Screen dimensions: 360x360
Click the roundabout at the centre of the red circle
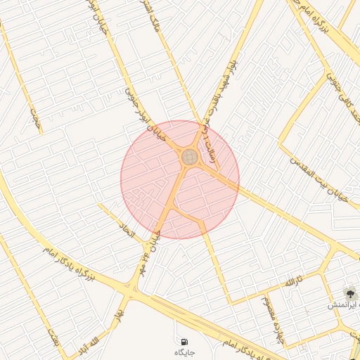tap(190, 157)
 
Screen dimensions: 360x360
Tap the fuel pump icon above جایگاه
tap(185, 340)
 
